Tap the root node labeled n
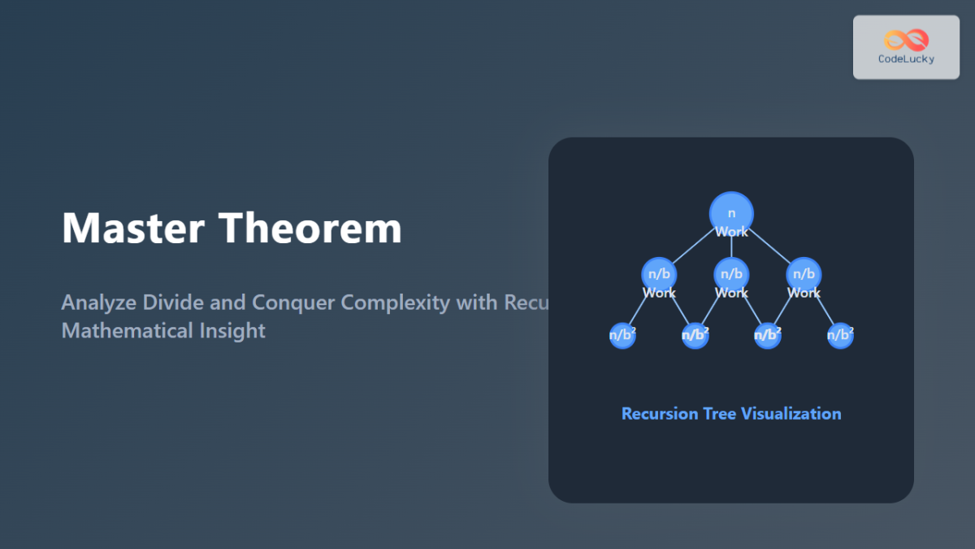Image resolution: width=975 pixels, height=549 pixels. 731,213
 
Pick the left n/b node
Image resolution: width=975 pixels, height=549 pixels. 659,274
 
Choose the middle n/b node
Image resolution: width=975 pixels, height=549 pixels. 731,274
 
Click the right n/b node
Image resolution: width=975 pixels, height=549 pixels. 804,274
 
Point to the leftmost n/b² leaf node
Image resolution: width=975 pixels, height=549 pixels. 622,334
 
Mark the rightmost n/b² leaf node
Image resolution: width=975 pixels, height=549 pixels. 840,334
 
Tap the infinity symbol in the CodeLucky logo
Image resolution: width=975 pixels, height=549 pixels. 906,40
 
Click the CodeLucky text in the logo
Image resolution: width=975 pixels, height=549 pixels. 906,59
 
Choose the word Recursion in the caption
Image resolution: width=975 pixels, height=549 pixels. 660,413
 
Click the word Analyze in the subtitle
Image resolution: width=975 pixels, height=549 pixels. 99,303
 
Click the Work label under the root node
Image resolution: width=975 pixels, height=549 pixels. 731,232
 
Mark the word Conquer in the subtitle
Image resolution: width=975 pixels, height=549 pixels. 293,303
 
